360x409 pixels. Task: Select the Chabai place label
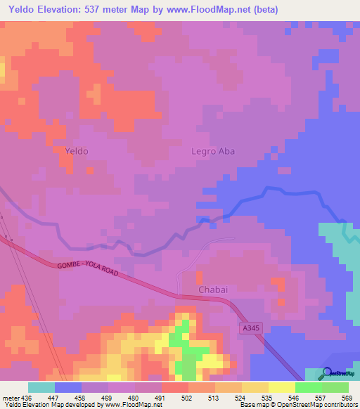pos(212,290)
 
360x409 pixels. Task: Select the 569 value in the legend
pos(347,397)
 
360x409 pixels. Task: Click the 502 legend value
pos(186,397)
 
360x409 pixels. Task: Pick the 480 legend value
pos(133,397)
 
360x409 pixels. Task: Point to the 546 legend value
pos(293,397)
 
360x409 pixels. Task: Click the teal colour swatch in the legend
pos(41,387)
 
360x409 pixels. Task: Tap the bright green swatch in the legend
pos(309,387)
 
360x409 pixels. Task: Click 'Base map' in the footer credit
pos(259,405)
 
